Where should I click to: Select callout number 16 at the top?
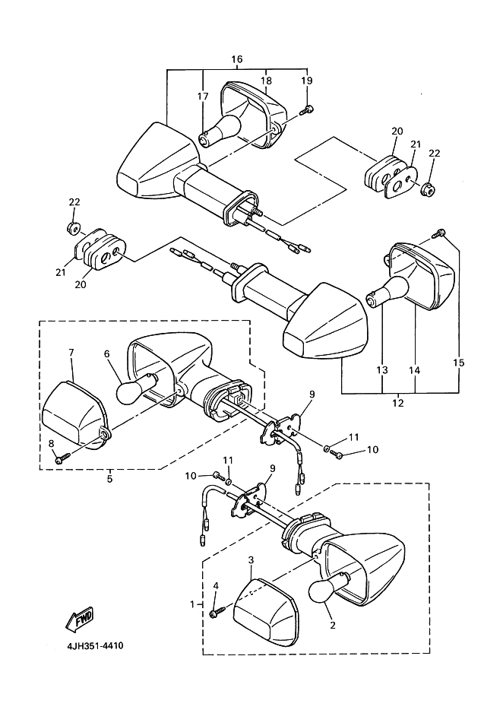236,59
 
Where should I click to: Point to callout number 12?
398,404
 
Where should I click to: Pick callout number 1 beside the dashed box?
191,604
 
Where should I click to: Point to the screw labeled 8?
62,458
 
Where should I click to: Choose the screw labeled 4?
219,608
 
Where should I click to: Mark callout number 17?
204,97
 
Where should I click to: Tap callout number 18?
266,81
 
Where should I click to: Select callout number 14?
415,369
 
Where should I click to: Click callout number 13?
381,369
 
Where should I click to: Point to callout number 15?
457,362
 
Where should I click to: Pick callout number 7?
71,353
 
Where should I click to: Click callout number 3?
251,560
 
